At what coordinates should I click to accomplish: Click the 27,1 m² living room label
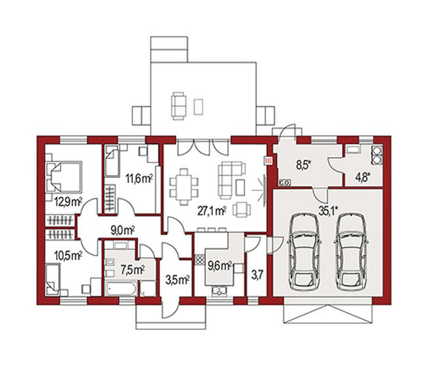click(212, 211)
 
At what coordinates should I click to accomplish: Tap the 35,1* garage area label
click(329, 211)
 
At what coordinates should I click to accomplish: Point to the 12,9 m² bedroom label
click(68, 202)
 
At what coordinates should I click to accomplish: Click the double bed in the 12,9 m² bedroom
click(64, 177)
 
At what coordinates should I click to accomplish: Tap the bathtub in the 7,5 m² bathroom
click(121, 289)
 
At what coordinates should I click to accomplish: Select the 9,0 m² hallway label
click(123, 230)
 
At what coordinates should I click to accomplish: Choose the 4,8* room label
click(363, 177)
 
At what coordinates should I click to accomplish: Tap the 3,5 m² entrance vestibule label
click(177, 280)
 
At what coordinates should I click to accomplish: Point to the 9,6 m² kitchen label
click(220, 266)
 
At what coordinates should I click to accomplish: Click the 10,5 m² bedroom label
click(68, 256)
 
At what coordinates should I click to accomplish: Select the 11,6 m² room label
click(139, 179)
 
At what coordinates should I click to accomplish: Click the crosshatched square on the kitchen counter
click(199, 259)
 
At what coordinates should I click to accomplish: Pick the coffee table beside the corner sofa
click(240, 187)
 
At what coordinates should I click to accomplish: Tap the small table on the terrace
click(199, 107)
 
